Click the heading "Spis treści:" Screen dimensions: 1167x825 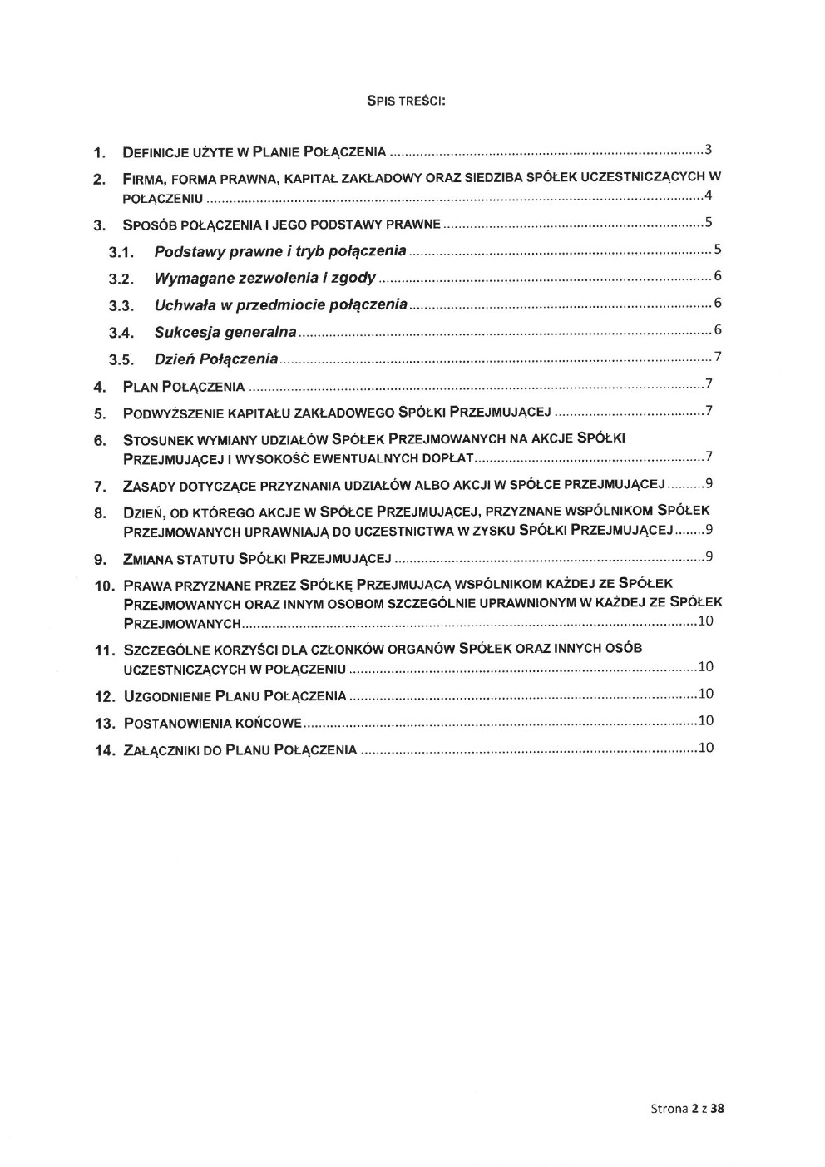pyautogui.click(x=407, y=101)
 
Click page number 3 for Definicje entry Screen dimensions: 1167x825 pyautogui.click(x=708, y=151)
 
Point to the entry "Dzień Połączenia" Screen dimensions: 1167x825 pyautogui.click(x=215, y=359)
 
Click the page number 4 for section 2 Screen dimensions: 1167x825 pyautogui.click(x=708, y=195)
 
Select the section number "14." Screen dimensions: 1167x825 pyautogui.click(x=104, y=750)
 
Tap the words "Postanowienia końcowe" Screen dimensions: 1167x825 pyautogui.click(x=212, y=723)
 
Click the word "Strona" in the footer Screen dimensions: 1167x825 pyautogui.click(x=668, y=1108)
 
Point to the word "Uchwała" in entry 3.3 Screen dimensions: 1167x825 pyautogui.click(x=183, y=305)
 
